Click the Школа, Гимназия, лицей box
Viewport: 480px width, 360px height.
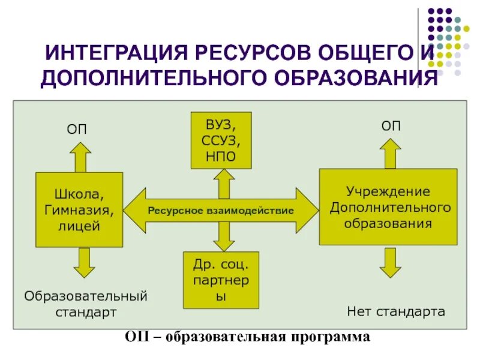pyautogui.click(x=79, y=210)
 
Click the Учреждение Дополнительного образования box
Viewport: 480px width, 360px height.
pyautogui.click(x=388, y=207)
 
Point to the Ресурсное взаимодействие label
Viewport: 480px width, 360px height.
pyautogui.click(x=221, y=211)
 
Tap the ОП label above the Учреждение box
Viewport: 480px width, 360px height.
pyautogui.click(x=391, y=126)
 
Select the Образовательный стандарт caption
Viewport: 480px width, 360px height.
pyautogui.click(x=85, y=304)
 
